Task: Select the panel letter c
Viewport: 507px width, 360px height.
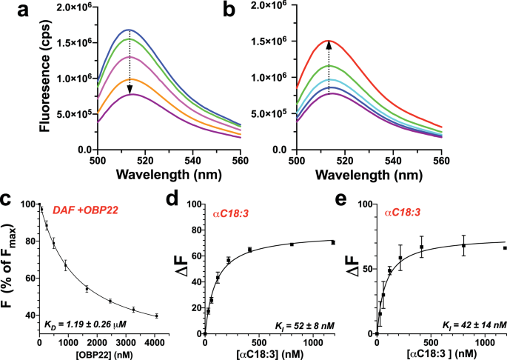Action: pyautogui.click(x=8, y=200)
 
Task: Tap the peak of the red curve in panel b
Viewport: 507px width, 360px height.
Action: pyautogui.click(x=329, y=40)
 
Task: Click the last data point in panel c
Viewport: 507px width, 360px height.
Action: pyautogui.click(x=156, y=316)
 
